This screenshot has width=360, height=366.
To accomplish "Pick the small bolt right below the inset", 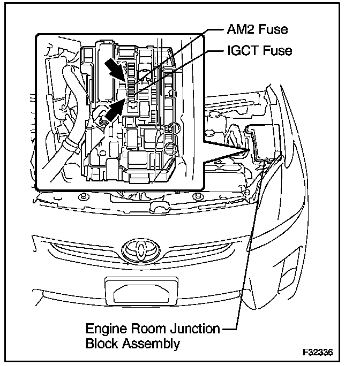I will click(198, 196).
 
